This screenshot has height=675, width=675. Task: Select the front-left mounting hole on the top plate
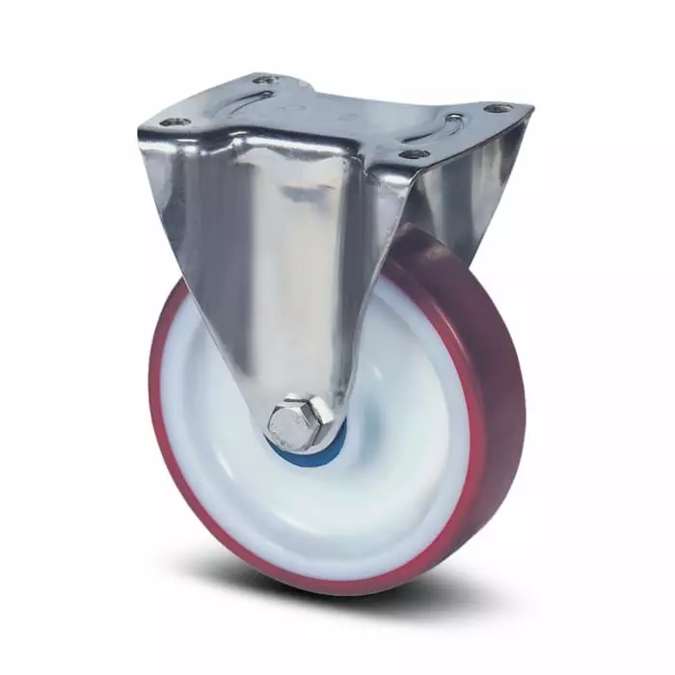pyautogui.click(x=175, y=122)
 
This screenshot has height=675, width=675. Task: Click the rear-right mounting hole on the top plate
pyautogui.click(x=497, y=108)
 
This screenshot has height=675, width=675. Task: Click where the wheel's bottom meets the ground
pyautogui.click(x=328, y=591)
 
